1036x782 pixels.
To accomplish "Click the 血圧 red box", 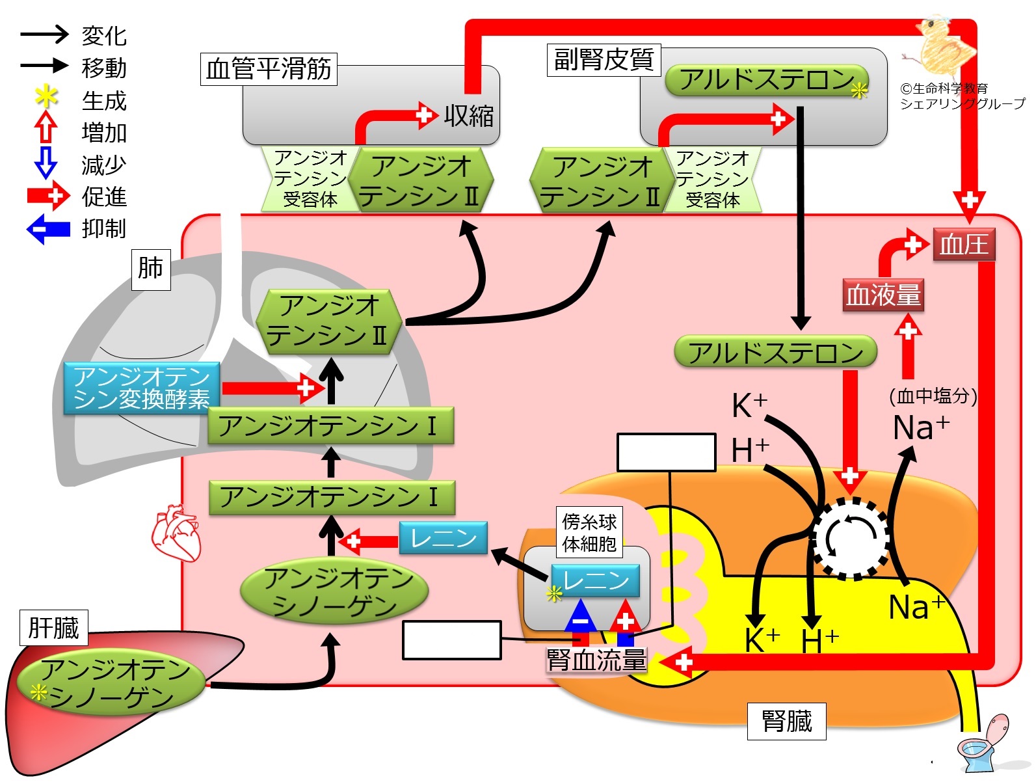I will tap(964, 245).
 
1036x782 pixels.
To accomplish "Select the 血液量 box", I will tap(883, 295).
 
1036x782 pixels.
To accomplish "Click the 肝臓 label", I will tap(53, 628).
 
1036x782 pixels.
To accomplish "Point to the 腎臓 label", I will tap(786, 721).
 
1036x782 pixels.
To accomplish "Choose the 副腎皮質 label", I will tap(603, 60).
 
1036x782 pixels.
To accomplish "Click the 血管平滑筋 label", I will tap(268, 69).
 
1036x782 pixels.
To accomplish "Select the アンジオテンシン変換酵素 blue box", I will tap(141, 388).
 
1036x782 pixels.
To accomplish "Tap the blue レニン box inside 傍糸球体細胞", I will tap(595, 580).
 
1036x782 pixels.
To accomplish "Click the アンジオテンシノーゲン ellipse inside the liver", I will tap(111, 684).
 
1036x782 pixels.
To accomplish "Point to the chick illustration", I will tap(944, 46).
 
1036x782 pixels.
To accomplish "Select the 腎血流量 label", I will tap(596, 660).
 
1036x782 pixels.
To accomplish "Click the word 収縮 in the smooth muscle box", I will tap(468, 116).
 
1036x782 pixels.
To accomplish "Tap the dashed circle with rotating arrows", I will tap(851, 538).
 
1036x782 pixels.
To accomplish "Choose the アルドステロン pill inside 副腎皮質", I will tap(767, 81).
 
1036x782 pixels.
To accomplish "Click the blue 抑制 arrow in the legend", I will tap(48, 228).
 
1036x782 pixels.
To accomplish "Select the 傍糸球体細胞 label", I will tap(589, 532).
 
